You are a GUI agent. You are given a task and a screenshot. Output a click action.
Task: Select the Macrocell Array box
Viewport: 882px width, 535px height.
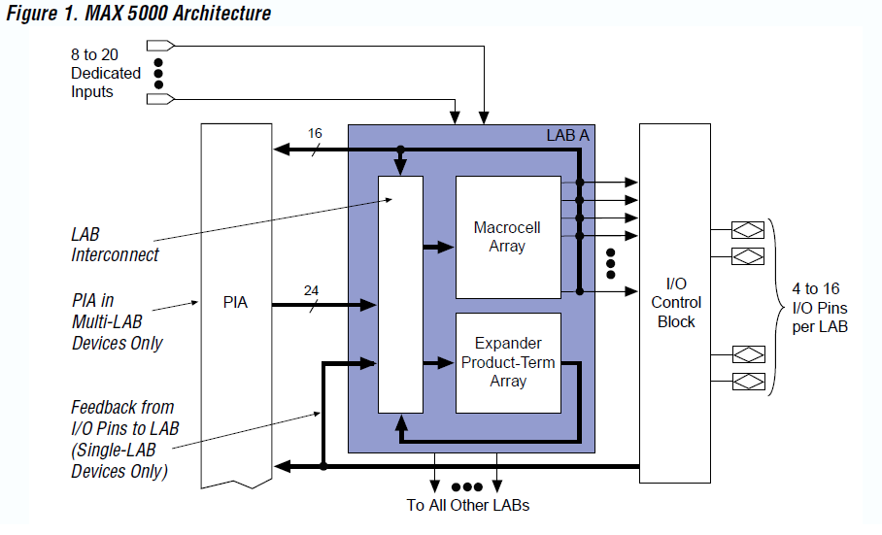click(508, 237)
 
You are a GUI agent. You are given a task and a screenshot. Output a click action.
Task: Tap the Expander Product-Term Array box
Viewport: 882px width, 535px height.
click(508, 362)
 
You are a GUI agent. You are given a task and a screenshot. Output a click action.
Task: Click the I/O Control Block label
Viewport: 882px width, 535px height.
click(676, 303)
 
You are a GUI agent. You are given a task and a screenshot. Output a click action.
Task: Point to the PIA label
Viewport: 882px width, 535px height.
click(235, 302)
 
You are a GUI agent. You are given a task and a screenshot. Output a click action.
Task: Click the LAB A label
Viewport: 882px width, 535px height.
click(567, 136)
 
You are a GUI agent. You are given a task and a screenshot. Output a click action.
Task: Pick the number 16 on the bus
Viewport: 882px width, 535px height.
click(315, 133)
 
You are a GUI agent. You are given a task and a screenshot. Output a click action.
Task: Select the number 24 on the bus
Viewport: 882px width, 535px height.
click(311, 289)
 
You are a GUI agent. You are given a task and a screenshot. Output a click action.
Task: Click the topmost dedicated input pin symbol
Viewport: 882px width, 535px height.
click(160, 45)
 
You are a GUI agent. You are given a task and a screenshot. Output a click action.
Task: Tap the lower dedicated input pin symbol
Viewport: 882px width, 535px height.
click(160, 98)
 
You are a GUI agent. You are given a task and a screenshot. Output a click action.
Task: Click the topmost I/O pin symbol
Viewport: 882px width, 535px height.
click(747, 230)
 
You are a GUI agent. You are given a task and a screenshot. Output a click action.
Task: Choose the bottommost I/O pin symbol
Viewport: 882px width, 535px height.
click(747, 380)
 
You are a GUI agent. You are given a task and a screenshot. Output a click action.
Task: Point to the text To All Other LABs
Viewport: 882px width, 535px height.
click(467, 505)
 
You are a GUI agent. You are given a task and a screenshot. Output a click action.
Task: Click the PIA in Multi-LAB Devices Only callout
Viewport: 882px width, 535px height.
click(117, 322)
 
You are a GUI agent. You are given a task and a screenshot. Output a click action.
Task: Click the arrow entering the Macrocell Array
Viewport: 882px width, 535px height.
click(440, 247)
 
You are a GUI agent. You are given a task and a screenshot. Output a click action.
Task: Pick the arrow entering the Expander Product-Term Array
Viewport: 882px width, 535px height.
click(440, 363)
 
